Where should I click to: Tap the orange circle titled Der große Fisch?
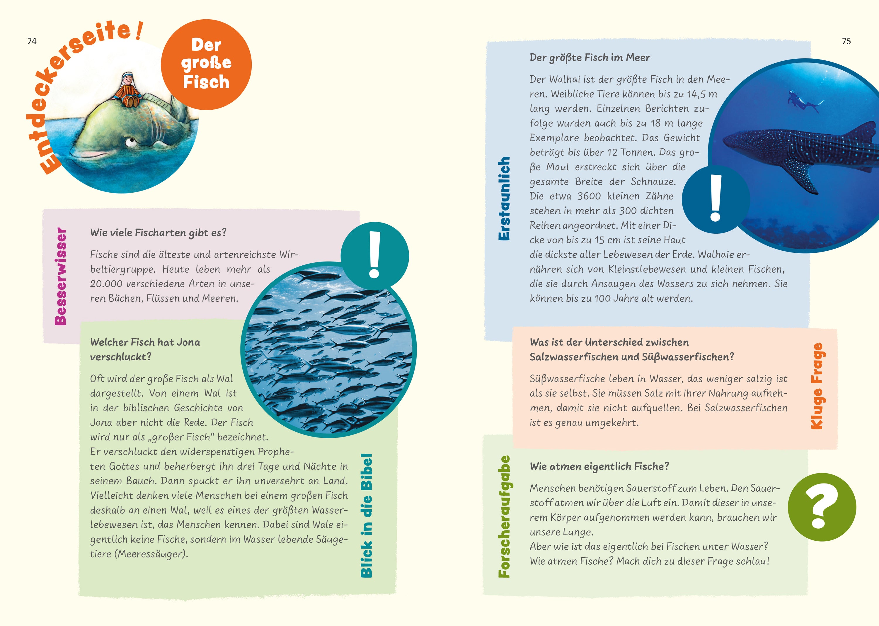point(206,65)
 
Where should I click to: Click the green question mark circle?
point(822,507)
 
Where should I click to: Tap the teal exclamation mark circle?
point(374,256)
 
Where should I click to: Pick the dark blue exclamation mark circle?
point(716,199)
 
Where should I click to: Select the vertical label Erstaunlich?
point(504,199)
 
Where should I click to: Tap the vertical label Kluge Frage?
point(817,386)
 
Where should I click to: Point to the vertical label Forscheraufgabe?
point(504,517)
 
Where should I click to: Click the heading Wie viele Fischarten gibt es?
point(158,233)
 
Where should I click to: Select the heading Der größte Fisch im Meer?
point(589,58)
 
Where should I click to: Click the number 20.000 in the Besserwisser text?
point(106,284)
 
